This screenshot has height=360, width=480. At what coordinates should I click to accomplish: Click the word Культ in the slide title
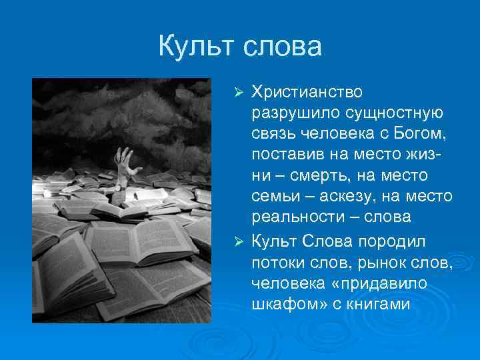point(196,47)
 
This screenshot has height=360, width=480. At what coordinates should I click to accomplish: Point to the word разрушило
point(285,111)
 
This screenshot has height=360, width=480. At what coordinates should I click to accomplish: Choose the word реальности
point(293,218)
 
